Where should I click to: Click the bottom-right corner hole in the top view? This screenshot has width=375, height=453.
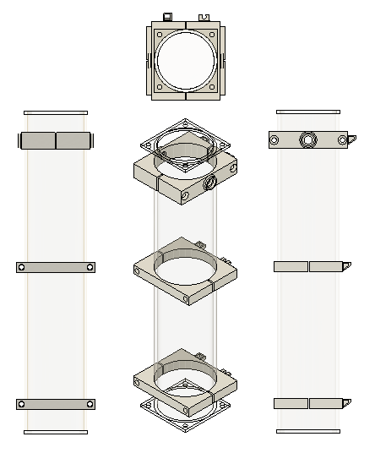pos(211,86)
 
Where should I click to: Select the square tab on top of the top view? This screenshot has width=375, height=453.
pos(167,16)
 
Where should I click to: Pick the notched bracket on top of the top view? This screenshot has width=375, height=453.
pos(204,16)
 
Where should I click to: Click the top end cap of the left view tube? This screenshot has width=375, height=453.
pos(56,112)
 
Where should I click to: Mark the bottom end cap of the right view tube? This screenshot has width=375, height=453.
pos(308,432)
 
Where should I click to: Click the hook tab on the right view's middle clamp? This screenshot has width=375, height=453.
pos(346,265)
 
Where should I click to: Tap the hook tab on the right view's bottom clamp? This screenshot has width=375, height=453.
pos(346,402)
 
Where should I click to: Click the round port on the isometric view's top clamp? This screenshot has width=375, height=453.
pos(209,182)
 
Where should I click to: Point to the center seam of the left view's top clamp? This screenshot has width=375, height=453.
pos(56,140)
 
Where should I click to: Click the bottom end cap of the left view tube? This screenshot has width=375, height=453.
pos(56,432)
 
